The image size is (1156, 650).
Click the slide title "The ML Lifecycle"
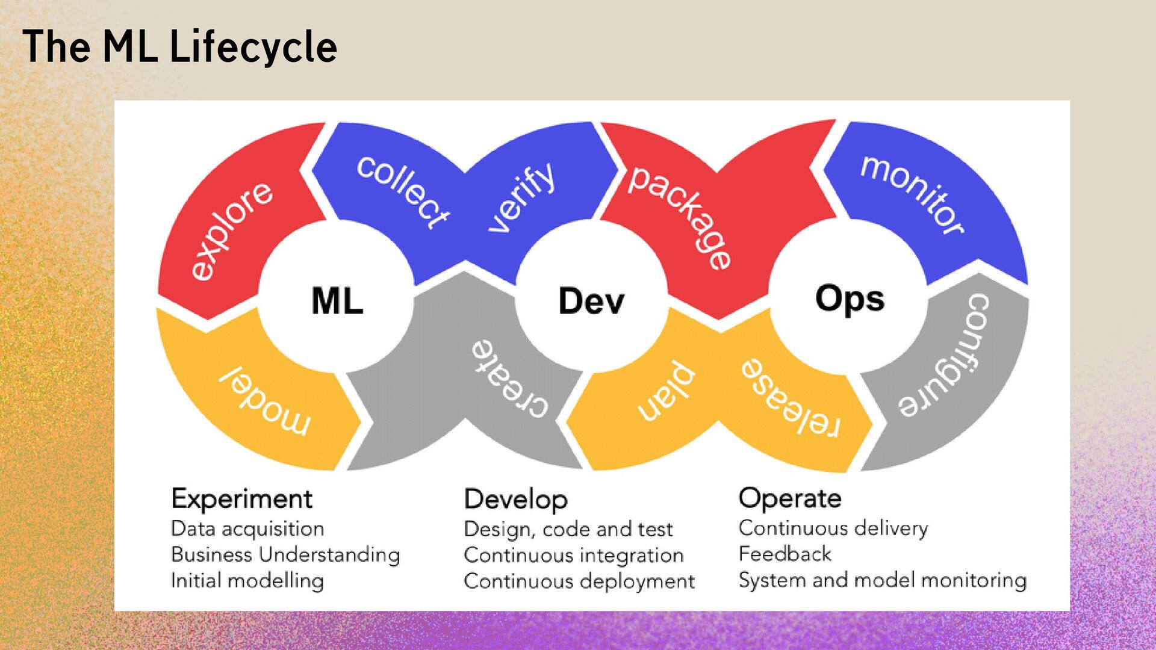(179, 47)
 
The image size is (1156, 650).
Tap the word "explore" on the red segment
(232, 231)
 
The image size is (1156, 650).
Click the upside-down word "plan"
(667, 391)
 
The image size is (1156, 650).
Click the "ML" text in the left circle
(337, 300)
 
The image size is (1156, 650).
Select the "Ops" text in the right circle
(850, 299)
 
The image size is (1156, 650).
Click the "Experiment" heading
(241, 499)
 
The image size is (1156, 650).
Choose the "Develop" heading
(515, 500)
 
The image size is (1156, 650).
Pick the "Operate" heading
(790, 498)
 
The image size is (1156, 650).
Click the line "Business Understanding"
(285, 554)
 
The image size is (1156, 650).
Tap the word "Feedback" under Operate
(785, 554)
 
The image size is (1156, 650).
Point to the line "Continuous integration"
(573, 555)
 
